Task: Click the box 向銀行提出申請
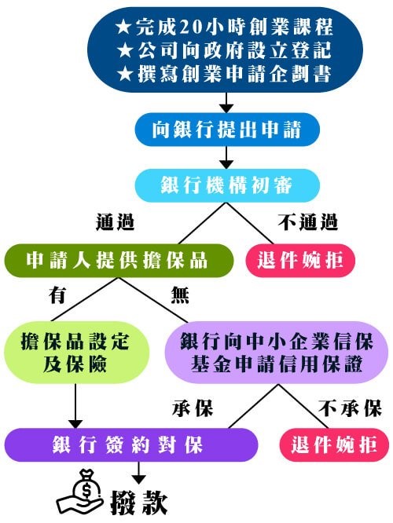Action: click(227, 130)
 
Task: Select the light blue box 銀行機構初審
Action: click(227, 185)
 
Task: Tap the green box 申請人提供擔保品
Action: click(119, 261)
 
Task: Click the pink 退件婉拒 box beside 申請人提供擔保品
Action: click(299, 261)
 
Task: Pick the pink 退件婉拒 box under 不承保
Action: click(334, 445)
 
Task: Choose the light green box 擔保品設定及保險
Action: click(75, 353)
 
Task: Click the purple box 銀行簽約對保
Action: click(131, 445)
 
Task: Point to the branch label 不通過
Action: click(308, 222)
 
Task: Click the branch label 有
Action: click(57, 294)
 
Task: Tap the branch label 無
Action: click(180, 294)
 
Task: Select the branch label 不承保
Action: click(350, 408)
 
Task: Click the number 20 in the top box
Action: click(191, 27)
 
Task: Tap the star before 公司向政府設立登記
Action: click(125, 51)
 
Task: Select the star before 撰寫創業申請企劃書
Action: click(125, 74)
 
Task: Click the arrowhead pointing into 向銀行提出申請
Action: click(226, 108)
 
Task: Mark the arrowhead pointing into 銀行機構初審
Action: click(226, 164)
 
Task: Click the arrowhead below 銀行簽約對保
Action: click(139, 480)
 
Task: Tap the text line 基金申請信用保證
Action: click(277, 364)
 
